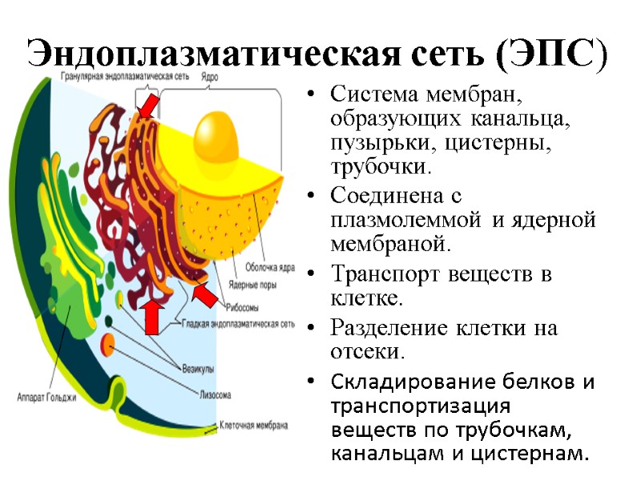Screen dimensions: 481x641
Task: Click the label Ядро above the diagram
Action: pos(211,78)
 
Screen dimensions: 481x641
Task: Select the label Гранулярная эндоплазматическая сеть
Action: pos(125,78)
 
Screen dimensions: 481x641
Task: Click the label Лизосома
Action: pos(216,394)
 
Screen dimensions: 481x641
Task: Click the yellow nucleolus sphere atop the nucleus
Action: pos(217,133)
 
